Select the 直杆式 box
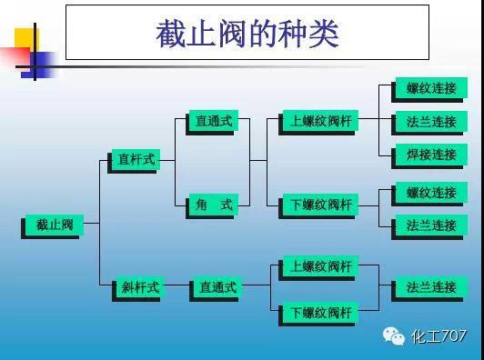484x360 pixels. tap(136, 160)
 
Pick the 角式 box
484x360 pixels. tap(214, 205)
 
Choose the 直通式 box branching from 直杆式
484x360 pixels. tap(214, 120)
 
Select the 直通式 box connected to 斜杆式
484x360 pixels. tap(218, 288)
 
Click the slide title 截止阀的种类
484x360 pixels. tap(247, 35)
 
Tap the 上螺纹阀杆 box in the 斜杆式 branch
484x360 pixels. tap(320, 267)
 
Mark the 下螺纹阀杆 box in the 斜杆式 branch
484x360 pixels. tap(320, 314)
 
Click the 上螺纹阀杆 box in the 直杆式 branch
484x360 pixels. tap(320, 121)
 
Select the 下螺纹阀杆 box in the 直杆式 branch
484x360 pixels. tap(320, 205)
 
